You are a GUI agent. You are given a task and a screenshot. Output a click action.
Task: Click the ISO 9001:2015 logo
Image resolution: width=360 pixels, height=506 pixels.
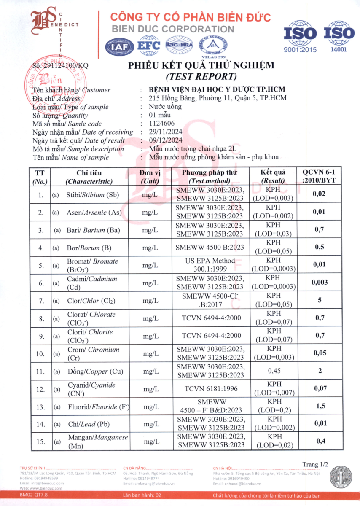click(300, 36)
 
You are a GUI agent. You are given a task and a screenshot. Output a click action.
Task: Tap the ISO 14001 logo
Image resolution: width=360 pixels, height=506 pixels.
click(339, 36)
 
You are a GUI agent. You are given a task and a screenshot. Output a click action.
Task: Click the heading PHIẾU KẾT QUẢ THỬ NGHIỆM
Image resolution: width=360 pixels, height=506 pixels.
click(201, 65)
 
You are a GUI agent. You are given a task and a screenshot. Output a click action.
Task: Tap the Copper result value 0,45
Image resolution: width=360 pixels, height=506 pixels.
click(274, 371)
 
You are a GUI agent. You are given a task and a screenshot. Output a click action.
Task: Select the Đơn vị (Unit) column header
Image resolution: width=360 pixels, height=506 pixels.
click(150, 177)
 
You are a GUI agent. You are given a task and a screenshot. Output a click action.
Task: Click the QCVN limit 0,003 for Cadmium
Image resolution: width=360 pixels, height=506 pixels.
click(320, 283)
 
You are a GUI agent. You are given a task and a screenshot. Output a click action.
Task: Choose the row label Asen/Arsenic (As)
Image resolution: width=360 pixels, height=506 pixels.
click(94, 213)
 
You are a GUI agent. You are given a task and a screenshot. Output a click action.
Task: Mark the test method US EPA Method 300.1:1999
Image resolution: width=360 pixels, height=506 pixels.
click(210, 265)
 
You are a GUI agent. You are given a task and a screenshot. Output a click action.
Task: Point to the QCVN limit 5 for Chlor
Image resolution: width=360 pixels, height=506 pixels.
click(320, 301)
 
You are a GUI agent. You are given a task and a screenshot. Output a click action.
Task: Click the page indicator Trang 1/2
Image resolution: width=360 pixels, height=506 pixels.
click(315, 464)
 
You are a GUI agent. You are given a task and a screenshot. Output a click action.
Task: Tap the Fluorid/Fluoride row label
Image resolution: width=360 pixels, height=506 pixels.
click(98, 407)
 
